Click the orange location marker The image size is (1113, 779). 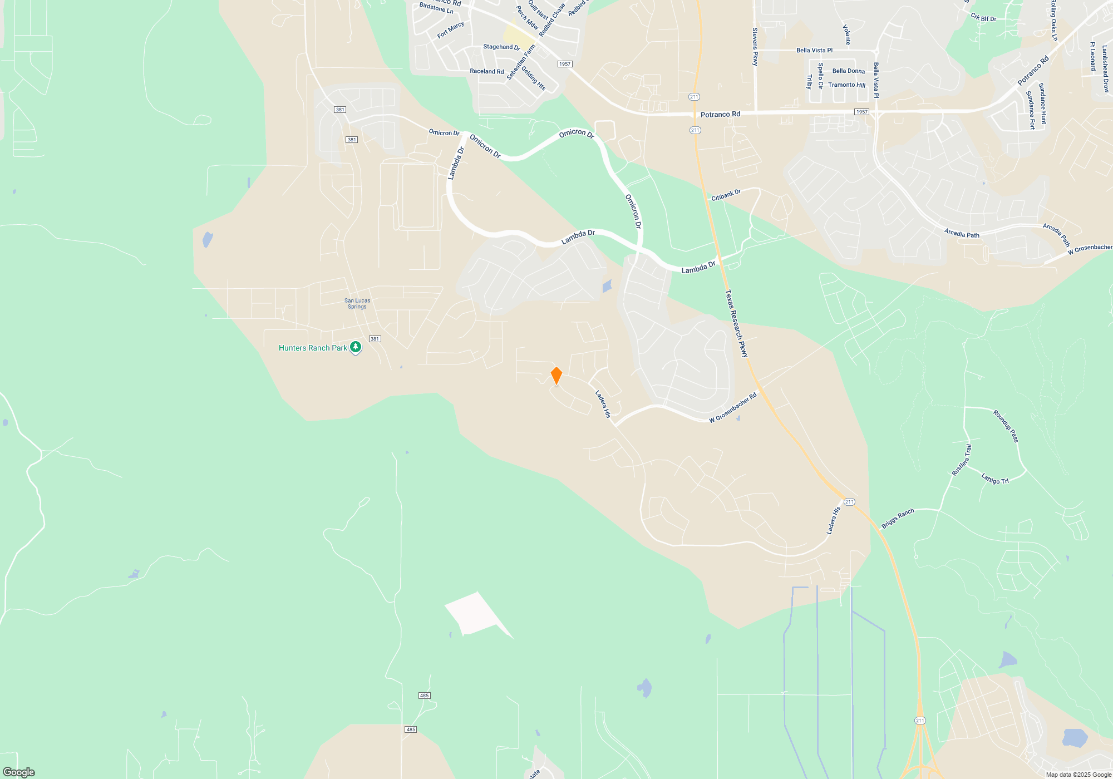pyautogui.click(x=556, y=376)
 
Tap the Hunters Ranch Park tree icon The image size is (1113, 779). pyautogui.click(x=356, y=347)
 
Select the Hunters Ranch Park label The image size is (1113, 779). pyautogui.click(x=313, y=348)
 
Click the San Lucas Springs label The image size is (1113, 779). pyautogui.click(x=357, y=304)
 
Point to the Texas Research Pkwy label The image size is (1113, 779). pyautogui.click(x=736, y=323)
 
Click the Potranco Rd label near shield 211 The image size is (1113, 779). pyautogui.click(x=720, y=115)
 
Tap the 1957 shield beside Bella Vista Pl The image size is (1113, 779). pyautogui.click(x=861, y=112)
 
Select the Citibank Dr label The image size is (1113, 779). pyautogui.click(x=726, y=195)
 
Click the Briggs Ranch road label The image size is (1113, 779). pyautogui.click(x=898, y=518)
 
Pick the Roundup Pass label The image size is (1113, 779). pyautogui.click(x=1006, y=426)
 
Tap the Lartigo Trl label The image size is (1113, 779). pyautogui.click(x=994, y=479)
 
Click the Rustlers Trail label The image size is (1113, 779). pyautogui.click(x=961, y=460)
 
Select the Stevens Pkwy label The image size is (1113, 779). pyautogui.click(x=755, y=47)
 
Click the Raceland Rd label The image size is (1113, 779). pyautogui.click(x=486, y=71)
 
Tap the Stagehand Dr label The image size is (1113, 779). pyautogui.click(x=501, y=47)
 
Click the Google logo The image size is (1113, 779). pyautogui.click(x=19, y=772)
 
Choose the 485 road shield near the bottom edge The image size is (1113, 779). pyautogui.click(x=411, y=729)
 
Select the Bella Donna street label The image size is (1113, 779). pyautogui.click(x=848, y=71)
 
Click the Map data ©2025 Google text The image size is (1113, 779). pyautogui.click(x=1078, y=775)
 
